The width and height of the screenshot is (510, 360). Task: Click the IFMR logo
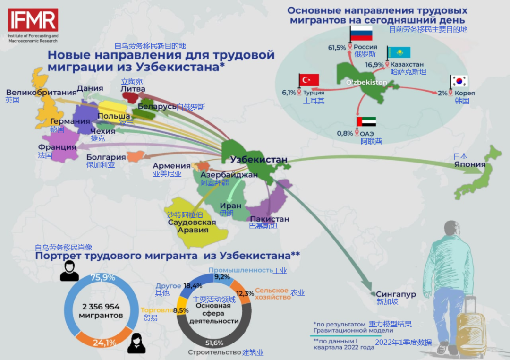(33, 20)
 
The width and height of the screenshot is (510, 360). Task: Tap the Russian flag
(361, 33)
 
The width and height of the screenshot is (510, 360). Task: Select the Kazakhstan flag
(399, 52)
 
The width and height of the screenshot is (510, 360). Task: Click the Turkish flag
(309, 80)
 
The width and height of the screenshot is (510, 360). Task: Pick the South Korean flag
(459, 81)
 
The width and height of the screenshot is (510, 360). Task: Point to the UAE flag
(366, 122)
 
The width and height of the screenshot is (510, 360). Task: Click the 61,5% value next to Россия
(337, 47)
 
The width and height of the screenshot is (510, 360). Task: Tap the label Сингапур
(396, 294)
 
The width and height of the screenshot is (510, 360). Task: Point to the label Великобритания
(41, 92)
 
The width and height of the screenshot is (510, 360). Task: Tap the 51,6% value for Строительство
(214, 343)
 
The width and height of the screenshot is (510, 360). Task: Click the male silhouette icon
(69, 271)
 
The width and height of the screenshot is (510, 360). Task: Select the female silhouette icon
(136, 343)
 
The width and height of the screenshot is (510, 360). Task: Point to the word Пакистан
(269, 219)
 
